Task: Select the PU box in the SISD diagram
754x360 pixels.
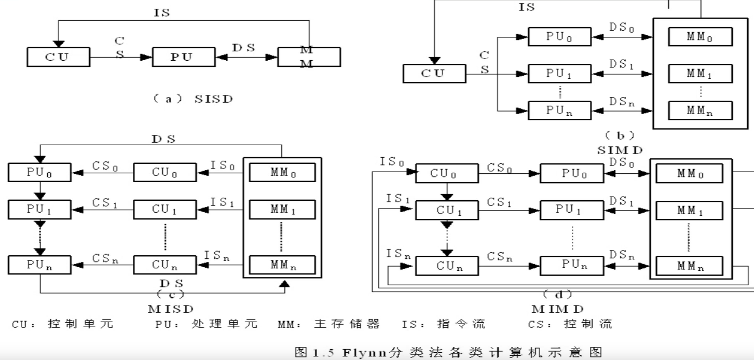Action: [183, 57]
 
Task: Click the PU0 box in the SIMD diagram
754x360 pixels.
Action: [559, 36]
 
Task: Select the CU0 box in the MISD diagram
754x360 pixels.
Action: [165, 172]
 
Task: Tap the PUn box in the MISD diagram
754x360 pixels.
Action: [39, 265]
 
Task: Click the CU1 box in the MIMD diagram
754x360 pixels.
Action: [446, 210]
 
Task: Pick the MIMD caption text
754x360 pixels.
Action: [557, 309]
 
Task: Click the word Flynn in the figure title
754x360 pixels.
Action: [366, 353]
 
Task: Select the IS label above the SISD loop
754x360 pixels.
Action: [161, 13]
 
